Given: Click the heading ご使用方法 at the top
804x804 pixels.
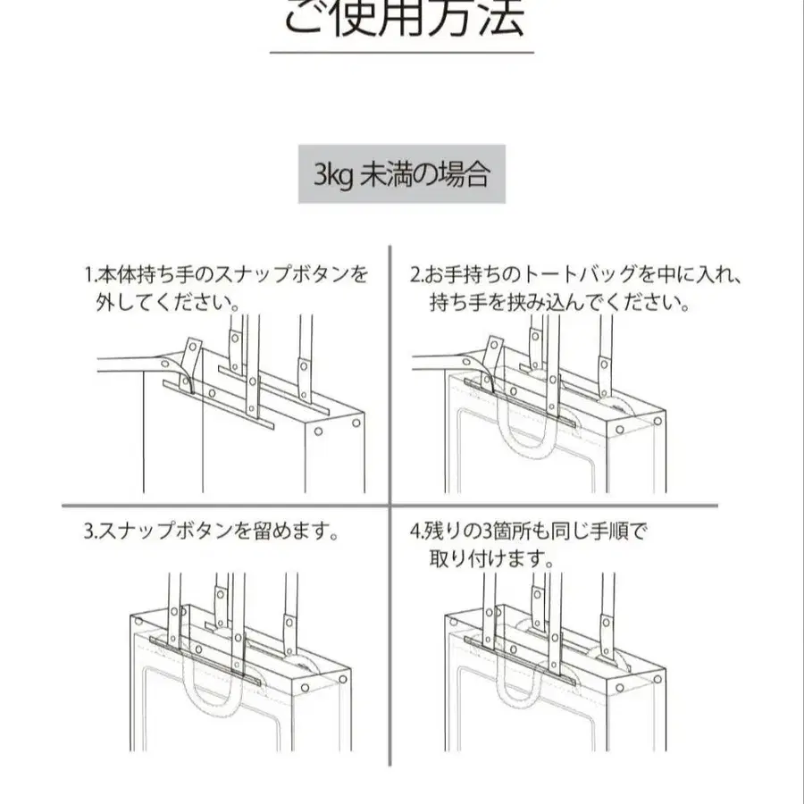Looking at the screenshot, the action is pos(404,19).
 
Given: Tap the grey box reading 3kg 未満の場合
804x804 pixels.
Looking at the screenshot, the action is pos(402,174).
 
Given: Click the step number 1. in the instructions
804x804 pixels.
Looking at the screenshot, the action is pos(91,274).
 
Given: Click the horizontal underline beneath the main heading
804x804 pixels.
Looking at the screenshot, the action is pos(402,53).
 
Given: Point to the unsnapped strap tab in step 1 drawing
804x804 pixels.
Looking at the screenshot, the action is pos(191,359).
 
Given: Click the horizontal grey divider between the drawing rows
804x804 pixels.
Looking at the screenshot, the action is pos(389,507).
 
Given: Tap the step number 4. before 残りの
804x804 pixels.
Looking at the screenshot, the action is pos(415,531).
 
